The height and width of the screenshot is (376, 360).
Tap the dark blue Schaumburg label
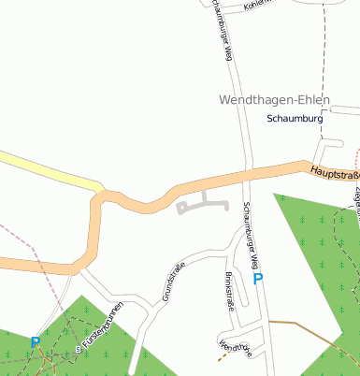point(295,120)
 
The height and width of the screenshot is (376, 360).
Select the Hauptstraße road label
point(334,173)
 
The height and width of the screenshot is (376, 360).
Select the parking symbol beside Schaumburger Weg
point(258,279)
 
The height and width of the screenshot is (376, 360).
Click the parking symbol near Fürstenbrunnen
point(36,343)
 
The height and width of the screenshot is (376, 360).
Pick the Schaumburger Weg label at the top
point(222,30)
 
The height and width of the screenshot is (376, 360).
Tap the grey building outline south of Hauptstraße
point(204,204)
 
